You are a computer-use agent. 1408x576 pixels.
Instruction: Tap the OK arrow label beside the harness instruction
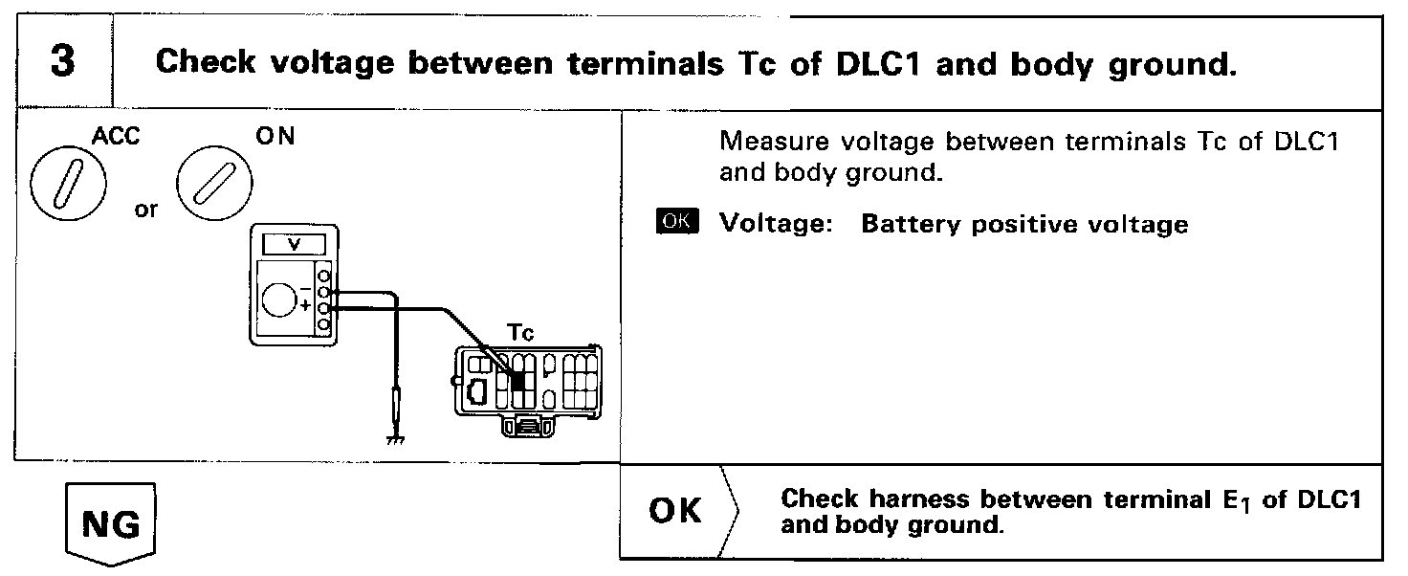point(676,511)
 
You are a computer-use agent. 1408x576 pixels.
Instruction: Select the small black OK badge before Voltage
point(679,222)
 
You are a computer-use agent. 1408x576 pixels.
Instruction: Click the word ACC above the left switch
point(116,137)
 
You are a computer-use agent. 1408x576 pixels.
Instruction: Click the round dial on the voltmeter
point(281,299)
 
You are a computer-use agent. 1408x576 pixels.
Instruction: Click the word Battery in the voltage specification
point(904,225)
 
